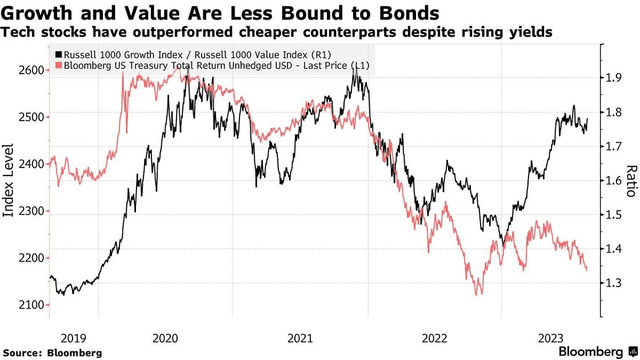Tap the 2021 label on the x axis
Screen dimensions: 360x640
[300, 338]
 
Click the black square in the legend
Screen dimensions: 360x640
[58, 54]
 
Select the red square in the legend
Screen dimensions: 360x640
[58, 66]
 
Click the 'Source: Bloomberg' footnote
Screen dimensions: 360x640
[53, 353]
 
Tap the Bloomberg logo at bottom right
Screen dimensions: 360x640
[598, 351]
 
